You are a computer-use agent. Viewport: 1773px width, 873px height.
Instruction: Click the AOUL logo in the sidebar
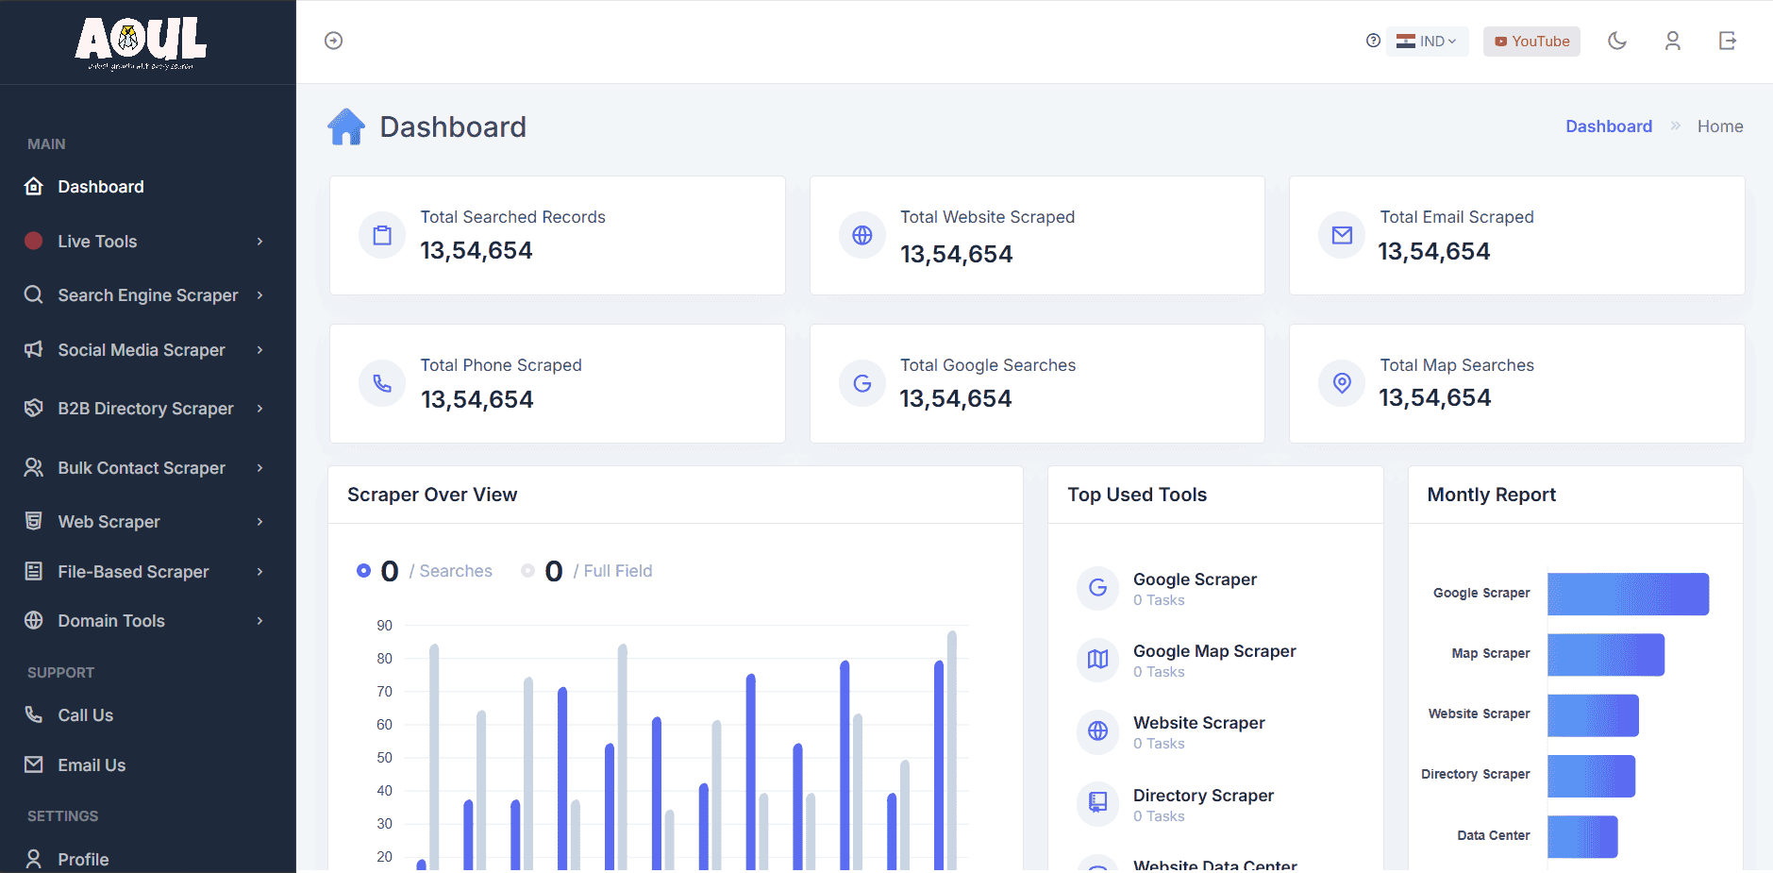pos(142,42)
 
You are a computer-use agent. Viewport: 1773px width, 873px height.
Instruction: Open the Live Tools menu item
pos(97,242)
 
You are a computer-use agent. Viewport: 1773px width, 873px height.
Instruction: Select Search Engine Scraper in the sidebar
pos(147,295)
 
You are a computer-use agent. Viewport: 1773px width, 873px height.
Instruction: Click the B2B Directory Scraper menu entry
pos(145,409)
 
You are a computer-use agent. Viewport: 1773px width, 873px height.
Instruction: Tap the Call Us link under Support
pos(85,715)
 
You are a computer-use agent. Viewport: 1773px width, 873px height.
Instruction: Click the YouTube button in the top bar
pos(1531,42)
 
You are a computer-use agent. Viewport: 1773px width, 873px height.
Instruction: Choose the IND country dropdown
pos(1428,42)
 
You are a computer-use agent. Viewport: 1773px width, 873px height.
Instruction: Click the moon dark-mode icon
pos(1617,41)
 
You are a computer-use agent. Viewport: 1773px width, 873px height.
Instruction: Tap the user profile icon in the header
pos(1672,41)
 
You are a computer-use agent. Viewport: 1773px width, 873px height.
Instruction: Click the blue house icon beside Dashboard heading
pos(346,126)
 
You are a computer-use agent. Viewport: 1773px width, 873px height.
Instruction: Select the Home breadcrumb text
pos(1719,126)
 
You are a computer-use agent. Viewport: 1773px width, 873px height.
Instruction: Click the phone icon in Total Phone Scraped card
pos(382,383)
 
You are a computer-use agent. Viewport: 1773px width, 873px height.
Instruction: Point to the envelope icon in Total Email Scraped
pos(1342,235)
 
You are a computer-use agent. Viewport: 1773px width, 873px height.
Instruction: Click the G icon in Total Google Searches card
pos(861,383)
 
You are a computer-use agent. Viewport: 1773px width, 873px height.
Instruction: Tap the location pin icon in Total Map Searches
pos(1342,383)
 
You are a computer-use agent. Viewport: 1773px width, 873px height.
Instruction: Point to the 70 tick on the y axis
pos(384,692)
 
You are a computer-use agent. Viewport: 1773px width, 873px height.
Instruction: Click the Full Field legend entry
pos(616,571)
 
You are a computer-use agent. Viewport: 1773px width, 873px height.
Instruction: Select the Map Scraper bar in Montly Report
pos(1605,654)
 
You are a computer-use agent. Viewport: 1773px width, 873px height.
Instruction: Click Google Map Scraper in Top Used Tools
pos(1213,651)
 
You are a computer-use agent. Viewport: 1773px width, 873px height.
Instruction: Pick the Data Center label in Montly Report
pos(1493,835)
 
